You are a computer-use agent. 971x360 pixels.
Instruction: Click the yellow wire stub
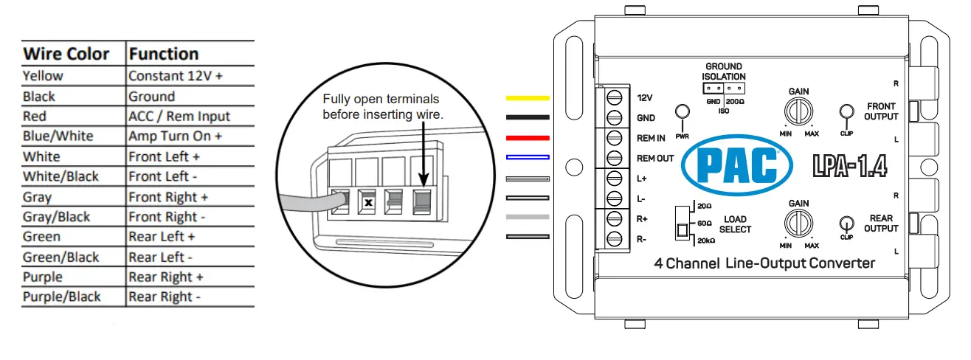pos(527,97)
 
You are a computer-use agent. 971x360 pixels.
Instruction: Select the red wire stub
pos(527,137)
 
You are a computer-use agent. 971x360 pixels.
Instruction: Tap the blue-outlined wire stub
pos(527,157)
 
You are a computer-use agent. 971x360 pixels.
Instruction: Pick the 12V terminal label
pos(645,97)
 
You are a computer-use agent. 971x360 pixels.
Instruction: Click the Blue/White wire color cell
pos(58,136)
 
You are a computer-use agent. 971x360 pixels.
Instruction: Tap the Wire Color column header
pos(66,54)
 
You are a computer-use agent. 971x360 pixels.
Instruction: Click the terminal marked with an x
pos(367,201)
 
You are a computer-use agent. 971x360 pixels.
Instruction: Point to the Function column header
pos(163,54)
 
